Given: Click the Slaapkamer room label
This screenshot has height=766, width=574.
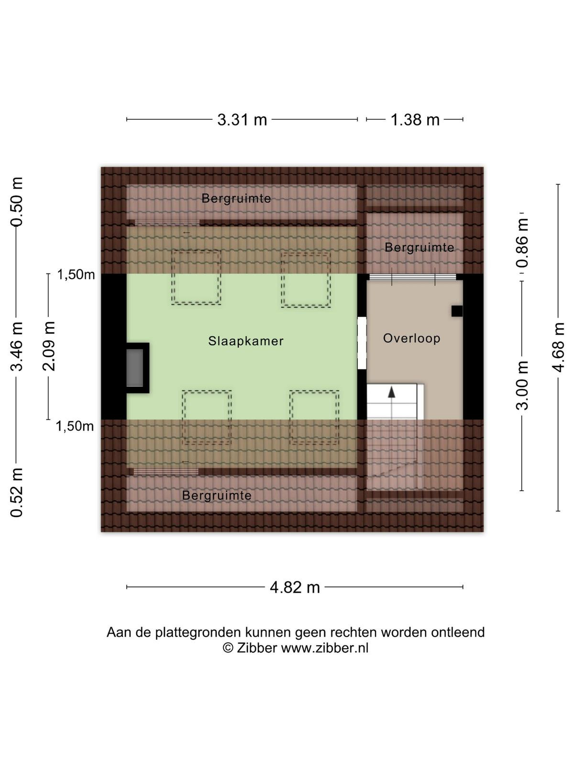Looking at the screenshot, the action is [x=246, y=341].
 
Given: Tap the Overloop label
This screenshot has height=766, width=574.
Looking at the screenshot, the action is [x=411, y=338].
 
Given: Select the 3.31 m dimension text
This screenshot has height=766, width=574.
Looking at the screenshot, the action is [x=242, y=120].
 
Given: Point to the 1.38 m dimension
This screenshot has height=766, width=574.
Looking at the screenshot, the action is [x=415, y=120].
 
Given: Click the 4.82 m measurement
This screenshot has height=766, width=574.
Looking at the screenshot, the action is [x=295, y=587].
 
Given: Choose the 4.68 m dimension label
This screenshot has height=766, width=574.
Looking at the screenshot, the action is [x=558, y=347].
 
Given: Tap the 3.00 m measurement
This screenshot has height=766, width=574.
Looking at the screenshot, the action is [x=522, y=385].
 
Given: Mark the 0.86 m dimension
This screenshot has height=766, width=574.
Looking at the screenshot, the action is [x=522, y=243].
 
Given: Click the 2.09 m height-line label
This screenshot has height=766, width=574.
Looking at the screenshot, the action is [x=48, y=346].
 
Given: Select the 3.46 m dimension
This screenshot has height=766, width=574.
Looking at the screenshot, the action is [x=16, y=346].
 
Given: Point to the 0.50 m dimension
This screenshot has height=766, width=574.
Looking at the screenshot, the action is [x=16, y=202].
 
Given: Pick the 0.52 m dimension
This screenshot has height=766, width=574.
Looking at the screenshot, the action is [x=16, y=493].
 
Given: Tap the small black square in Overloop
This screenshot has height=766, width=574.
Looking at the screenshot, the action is [x=457, y=311].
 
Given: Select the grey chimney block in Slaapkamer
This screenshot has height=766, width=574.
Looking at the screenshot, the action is [x=135, y=368].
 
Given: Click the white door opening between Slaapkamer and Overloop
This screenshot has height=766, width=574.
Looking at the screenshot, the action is [x=362, y=343].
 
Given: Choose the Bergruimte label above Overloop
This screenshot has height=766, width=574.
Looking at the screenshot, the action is [x=419, y=248].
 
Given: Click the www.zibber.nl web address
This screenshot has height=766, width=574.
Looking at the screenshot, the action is [x=324, y=648].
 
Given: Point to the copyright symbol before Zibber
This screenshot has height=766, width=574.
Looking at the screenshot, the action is [x=228, y=648].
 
